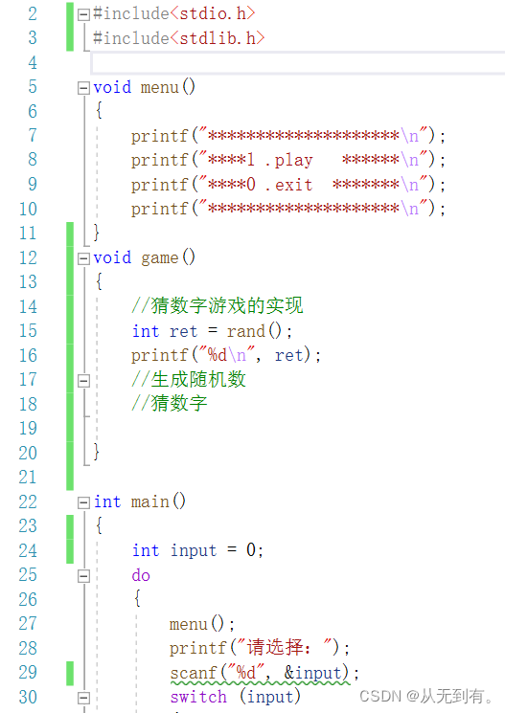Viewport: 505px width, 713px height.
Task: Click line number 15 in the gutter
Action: point(28,330)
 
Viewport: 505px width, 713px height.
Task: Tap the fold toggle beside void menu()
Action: point(83,88)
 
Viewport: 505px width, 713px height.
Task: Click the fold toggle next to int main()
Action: point(83,502)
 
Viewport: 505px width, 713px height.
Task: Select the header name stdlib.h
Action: point(218,38)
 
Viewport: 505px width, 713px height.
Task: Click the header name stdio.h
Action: point(213,13)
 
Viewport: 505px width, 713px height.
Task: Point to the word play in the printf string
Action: point(294,161)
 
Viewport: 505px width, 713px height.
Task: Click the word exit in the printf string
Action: point(294,185)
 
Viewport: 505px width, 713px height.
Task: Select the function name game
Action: point(159,257)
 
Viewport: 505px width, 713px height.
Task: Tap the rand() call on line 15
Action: point(255,330)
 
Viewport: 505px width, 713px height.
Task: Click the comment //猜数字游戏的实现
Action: point(218,305)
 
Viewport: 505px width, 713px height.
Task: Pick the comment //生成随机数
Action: point(189,379)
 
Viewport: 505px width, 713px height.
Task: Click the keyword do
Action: point(141,575)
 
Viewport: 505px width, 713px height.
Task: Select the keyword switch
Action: point(198,697)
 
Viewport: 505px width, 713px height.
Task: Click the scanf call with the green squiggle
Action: point(260,673)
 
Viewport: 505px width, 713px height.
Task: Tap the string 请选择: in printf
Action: point(274,648)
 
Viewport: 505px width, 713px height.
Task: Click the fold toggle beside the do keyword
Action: point(83,576)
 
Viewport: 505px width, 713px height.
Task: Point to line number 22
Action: point(28,501)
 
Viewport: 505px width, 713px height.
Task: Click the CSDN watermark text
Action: point(426,696)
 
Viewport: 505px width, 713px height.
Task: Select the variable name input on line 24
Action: point(194,550)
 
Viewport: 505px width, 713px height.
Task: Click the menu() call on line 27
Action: point(197,624)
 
